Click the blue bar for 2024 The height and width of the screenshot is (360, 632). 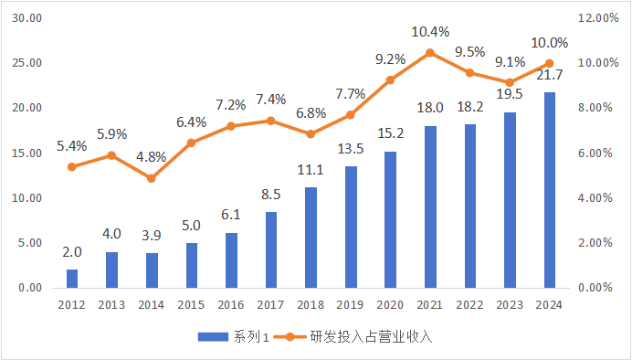[549, 190]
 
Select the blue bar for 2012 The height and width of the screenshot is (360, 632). [72, 279]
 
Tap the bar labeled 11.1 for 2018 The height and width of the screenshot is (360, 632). [311, 238]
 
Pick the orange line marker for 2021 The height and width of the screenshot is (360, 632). [429, 53]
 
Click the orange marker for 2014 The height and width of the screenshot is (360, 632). [152, 178]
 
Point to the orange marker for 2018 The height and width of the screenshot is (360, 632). [311, 134]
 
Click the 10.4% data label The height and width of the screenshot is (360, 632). [430, 32]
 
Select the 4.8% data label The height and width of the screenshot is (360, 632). [152, 156]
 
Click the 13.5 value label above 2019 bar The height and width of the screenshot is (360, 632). [351, 148]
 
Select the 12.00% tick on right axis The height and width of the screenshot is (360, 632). [599, 18]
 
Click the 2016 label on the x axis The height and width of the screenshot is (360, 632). [231, 305]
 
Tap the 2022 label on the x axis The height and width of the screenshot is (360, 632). [469, 305]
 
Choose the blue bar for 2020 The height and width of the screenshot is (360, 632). [390, 219]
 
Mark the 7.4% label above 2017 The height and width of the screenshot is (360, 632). [271, 100]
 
